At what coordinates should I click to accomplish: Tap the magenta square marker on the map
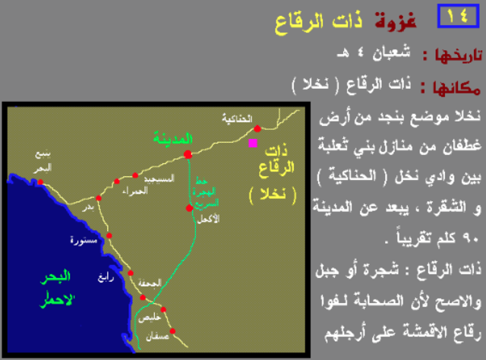(x=253, y=142)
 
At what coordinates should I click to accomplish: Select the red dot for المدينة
(x=188, y=154)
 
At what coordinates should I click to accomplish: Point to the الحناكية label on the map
(x=236, y=118)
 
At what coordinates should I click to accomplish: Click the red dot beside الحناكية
(x=257, y=128)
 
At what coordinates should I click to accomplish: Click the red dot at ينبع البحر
(x=39, y=182)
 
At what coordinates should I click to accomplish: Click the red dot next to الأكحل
(x=189, y=207)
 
